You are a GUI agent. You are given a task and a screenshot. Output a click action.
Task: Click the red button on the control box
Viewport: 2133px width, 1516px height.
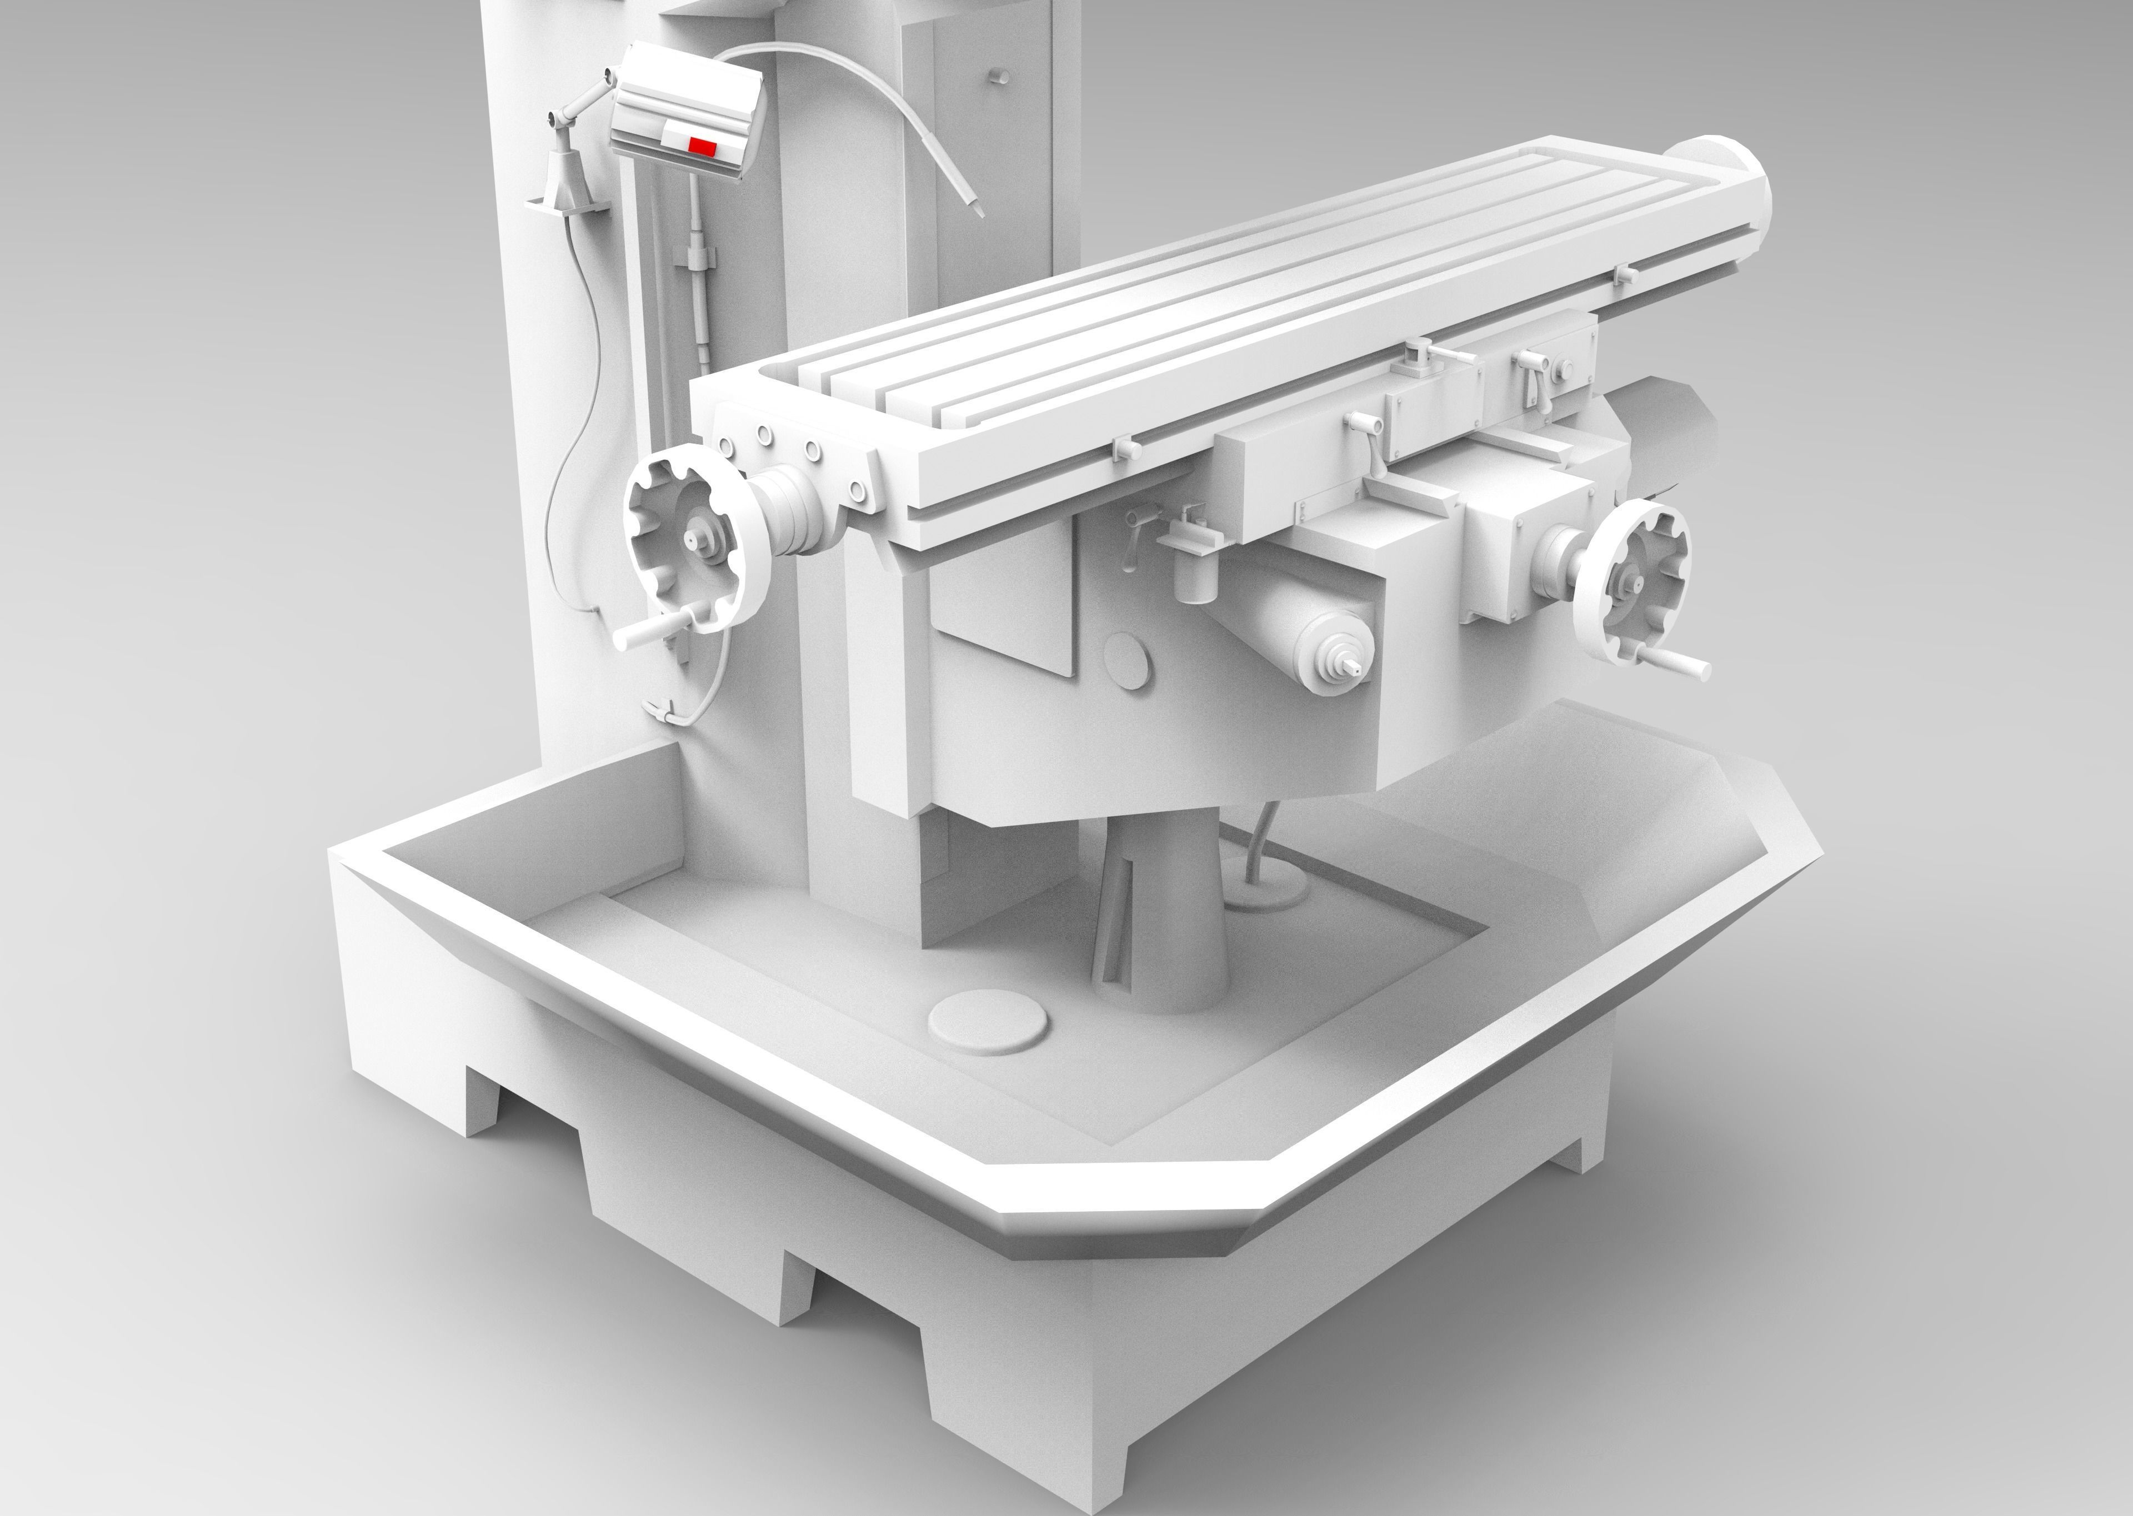(702, 145)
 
